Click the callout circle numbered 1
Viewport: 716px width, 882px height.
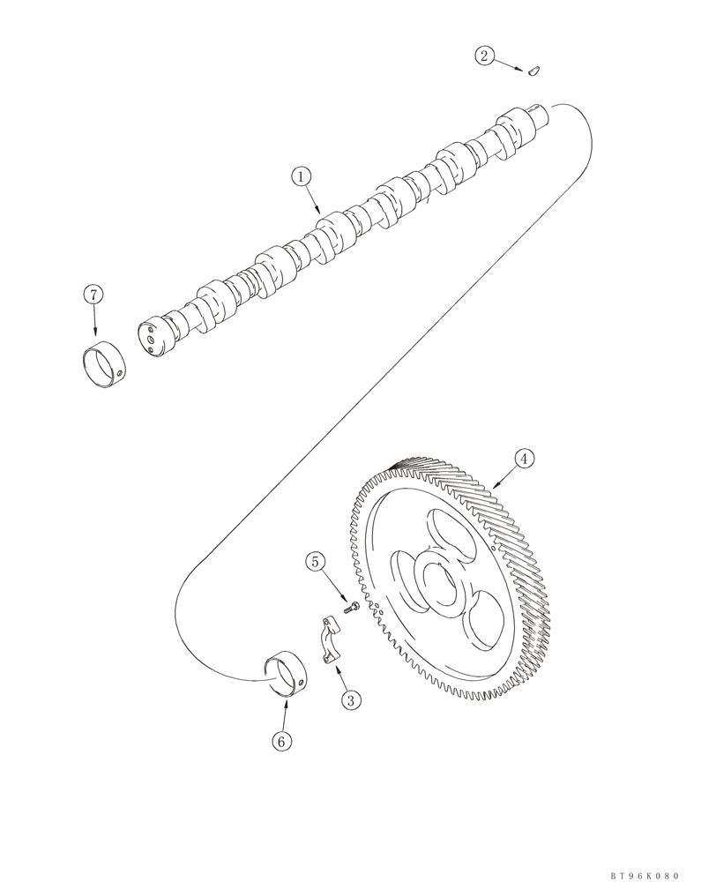coord(302,177)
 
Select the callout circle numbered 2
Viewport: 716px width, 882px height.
coord(484,56)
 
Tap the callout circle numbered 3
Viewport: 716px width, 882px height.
coord(352,700)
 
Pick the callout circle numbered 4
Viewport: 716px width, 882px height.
coord(523,459)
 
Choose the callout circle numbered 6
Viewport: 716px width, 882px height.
coord(281,742)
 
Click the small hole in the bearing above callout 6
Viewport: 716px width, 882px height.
coord(303,681)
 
